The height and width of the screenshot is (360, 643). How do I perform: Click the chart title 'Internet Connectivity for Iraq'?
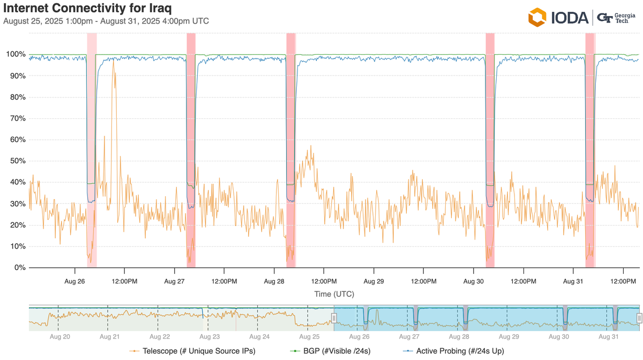coord(87,9)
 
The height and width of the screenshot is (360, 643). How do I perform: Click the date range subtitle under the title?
coord(106,21)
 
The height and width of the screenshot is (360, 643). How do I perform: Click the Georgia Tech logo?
coord(616,17)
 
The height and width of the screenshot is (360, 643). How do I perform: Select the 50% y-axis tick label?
coord(17,161)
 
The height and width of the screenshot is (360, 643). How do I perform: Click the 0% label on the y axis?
coord(19,268)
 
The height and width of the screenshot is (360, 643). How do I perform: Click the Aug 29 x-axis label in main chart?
coord(373,281)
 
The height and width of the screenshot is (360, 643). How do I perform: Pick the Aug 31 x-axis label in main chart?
coord(573,281)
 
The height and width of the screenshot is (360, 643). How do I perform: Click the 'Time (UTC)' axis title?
coord(334,294)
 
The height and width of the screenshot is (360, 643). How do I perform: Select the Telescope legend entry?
coord(193,351)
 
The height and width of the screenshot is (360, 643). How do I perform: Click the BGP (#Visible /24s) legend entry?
coord(330,351)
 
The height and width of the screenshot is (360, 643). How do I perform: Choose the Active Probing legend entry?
coord(453,351)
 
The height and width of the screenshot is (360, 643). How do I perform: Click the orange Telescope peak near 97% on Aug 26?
coord(113,62)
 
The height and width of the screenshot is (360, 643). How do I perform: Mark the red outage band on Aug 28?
coord(291,150)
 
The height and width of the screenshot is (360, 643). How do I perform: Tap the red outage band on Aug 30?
coord(490,150)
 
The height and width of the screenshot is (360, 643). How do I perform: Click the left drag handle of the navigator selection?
coord(334,318)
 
